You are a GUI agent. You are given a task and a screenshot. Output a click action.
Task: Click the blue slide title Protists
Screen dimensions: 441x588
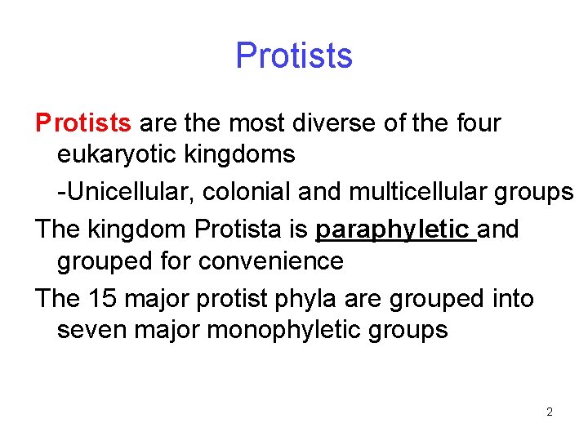pos(294,56)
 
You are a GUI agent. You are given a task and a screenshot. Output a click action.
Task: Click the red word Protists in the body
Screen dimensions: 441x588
pos(83,123)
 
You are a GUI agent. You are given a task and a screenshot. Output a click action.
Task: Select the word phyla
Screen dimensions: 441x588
pos(307,300)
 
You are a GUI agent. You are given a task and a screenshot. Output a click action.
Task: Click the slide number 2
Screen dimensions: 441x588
pos(549,412)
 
